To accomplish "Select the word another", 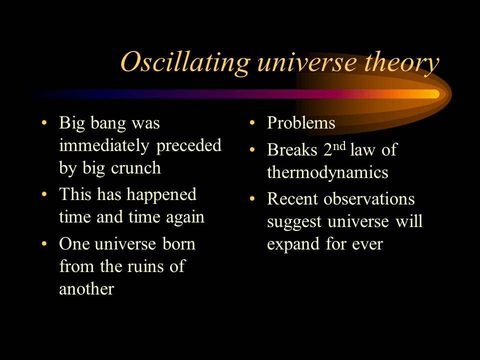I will click(x=86, y=289).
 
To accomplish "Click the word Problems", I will click(x=301, y=123).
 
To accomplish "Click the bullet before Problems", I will click(x=252, y=123).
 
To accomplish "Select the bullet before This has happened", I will click(x=45, y=194).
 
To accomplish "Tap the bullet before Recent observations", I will click(x=252, y=198).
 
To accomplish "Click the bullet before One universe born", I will click(x=45, y=244).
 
